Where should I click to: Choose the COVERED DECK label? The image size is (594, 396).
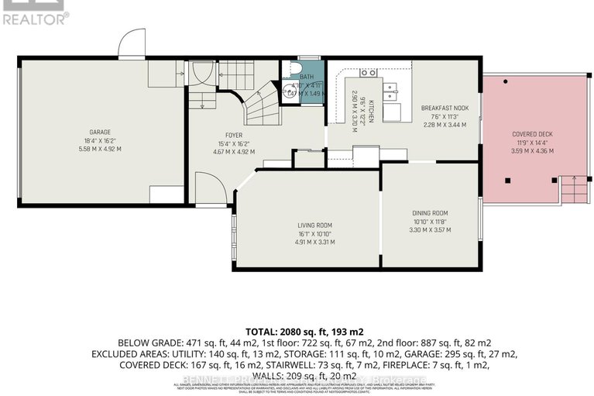tap(531, 133)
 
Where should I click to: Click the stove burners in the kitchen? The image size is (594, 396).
tap(366, 74)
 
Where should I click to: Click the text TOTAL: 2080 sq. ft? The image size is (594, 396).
tap(297, 329)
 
